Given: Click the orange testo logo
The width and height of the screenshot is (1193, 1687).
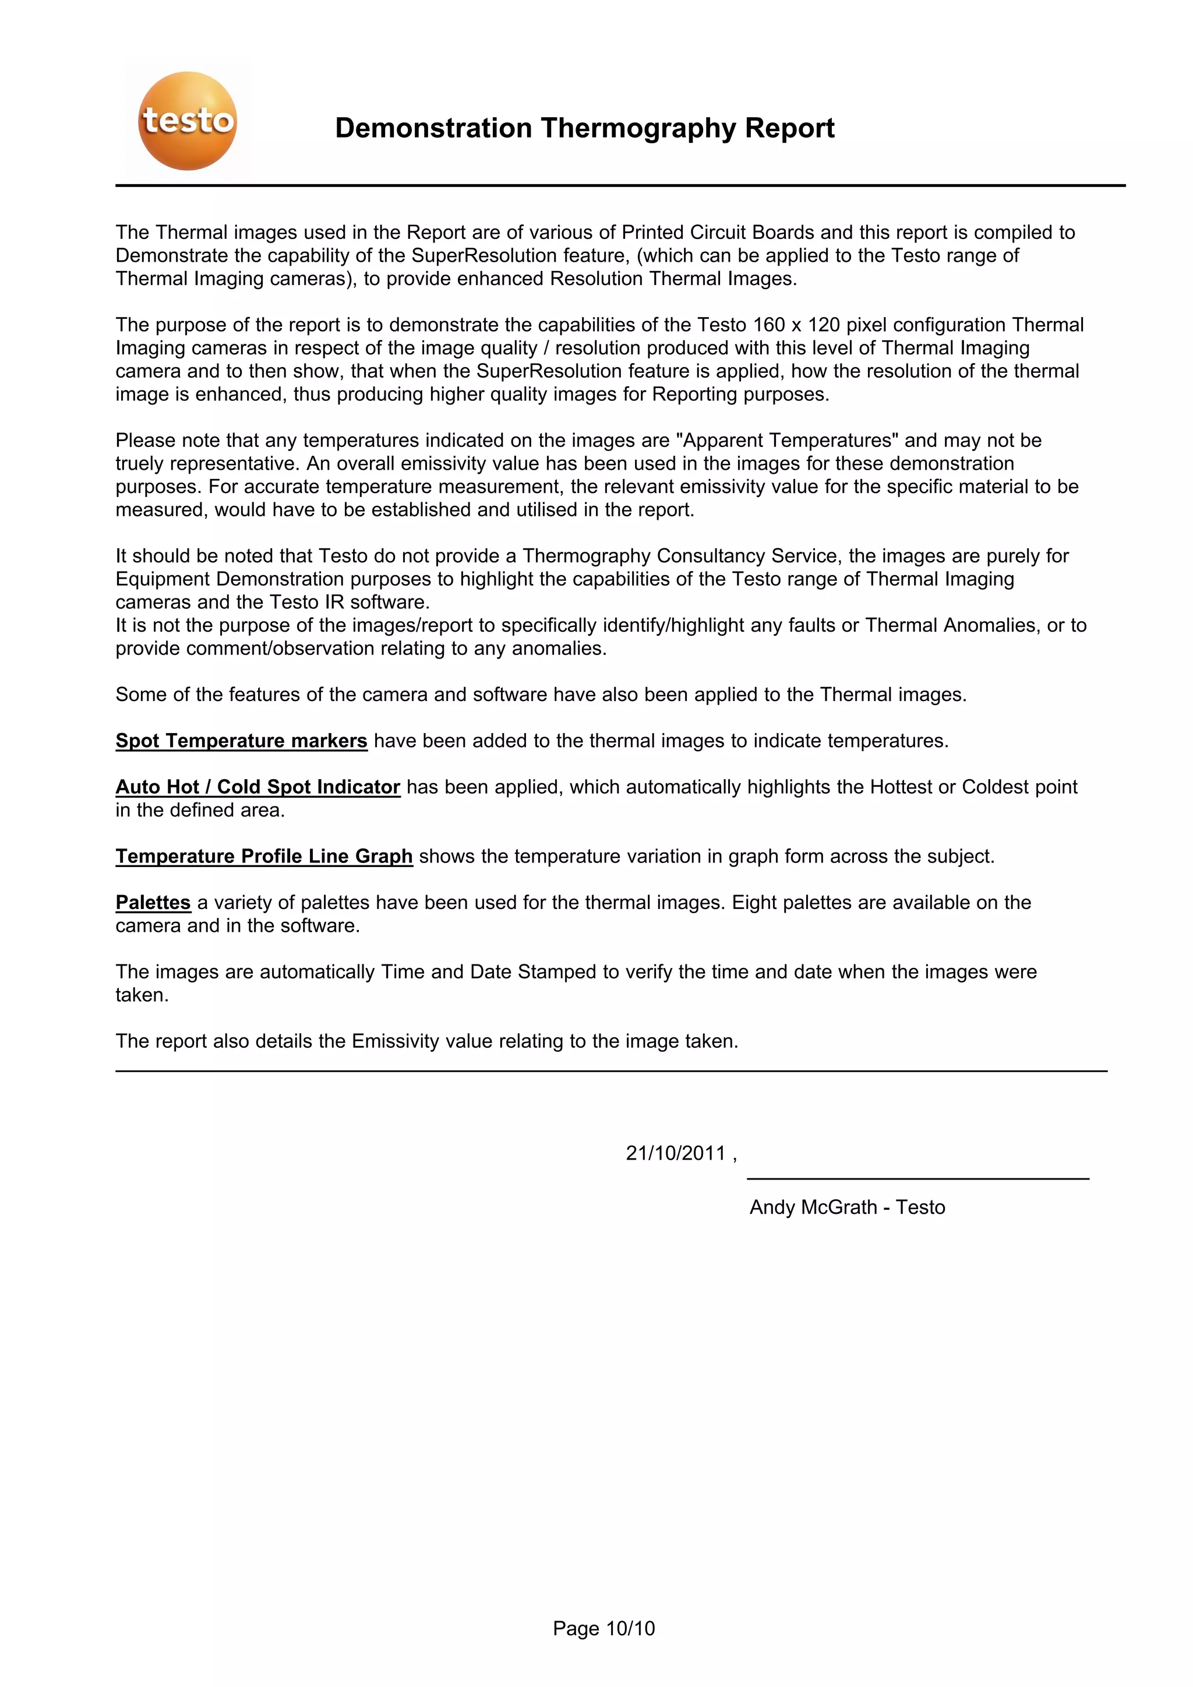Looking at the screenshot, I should (x=188, y=121).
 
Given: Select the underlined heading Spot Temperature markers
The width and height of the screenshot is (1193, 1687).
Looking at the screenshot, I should (x=241, y=741).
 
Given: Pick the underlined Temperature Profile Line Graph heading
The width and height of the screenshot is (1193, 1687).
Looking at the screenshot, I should (x=264, y=857).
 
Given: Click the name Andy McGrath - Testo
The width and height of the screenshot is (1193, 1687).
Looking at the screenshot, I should (x=846, y=1207).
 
